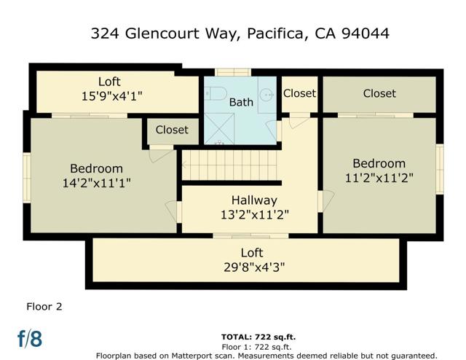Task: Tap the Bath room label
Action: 241,102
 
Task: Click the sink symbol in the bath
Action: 268,94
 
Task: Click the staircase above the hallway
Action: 230,164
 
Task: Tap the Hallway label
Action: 254,200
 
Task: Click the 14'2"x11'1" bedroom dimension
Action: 96,183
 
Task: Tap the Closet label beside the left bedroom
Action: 171,130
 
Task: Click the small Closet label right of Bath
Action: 299,93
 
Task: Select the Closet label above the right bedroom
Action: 379,93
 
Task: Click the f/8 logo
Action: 30,338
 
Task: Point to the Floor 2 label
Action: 44,306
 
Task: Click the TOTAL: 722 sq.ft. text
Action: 258,337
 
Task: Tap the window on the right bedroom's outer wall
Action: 440,169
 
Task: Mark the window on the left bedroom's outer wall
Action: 26,177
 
